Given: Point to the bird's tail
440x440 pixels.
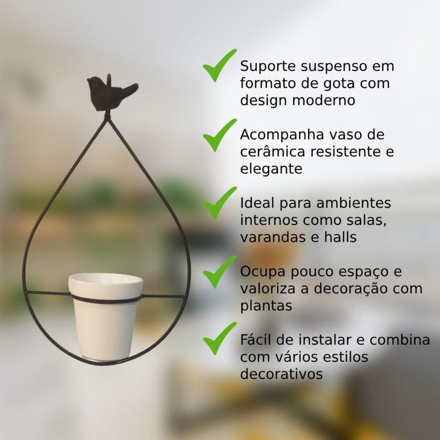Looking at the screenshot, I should pyautogui.click(x=129, y=89).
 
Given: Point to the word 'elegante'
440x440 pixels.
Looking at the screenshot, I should pyautogui.click(x=271, y=169).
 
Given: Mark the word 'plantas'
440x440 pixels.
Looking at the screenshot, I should pyautogui.click(x=266, y=306).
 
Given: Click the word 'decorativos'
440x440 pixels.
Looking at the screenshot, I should pyautogui.click(x=280, y=374).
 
